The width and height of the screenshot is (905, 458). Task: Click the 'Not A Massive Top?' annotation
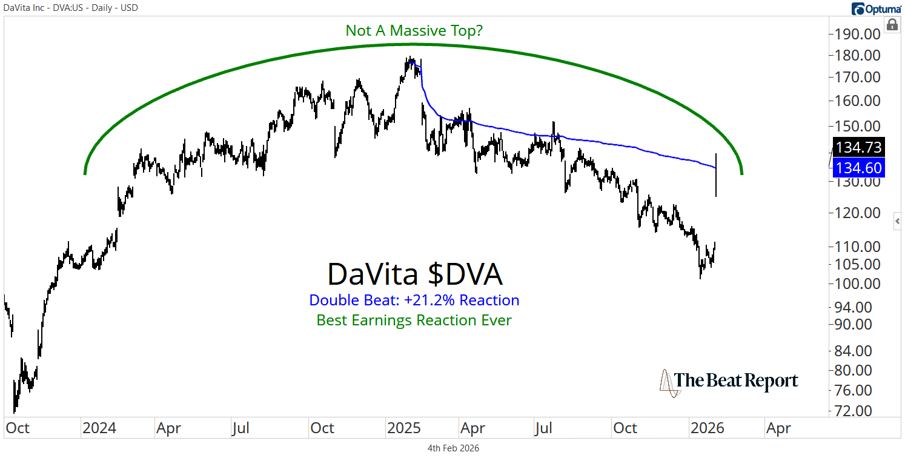click(x=414, y=30)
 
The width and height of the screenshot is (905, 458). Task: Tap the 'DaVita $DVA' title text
click(x=414, y=274)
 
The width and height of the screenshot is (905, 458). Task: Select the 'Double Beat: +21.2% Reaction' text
click(x=414, y=300)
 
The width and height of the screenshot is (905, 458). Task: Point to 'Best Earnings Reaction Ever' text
click(x=414, y=320)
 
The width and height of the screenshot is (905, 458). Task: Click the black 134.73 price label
click(x=860, y=147)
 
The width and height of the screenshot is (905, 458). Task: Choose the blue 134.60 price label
click(x=860, y=168)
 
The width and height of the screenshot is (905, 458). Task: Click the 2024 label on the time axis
click(x=99, y=428)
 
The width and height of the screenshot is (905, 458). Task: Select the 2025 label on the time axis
click(x=404, y=428)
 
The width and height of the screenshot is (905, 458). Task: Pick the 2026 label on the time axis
click(x=708, y=428)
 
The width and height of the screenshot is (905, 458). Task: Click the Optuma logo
click(x=877, y=8)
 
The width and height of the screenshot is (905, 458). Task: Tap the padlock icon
click(x=892, y=25)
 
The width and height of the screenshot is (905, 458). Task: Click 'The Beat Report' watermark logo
click(x=729, y=382)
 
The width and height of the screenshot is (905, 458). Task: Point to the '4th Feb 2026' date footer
click(x=452, y=448)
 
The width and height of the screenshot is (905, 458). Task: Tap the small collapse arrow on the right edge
click(x=898, y=222)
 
